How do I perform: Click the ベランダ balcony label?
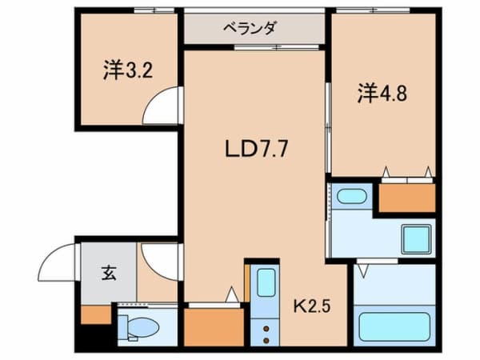(x=255, y=28)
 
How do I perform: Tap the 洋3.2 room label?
(x=128, y=70)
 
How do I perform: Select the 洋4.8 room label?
(x=382, y=94)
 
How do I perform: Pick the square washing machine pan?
(x=416, y=239)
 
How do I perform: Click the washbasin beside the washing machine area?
(x=350, y=196)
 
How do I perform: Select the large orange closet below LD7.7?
(x=213, y=326)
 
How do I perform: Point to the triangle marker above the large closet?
(x=231, y=296)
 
